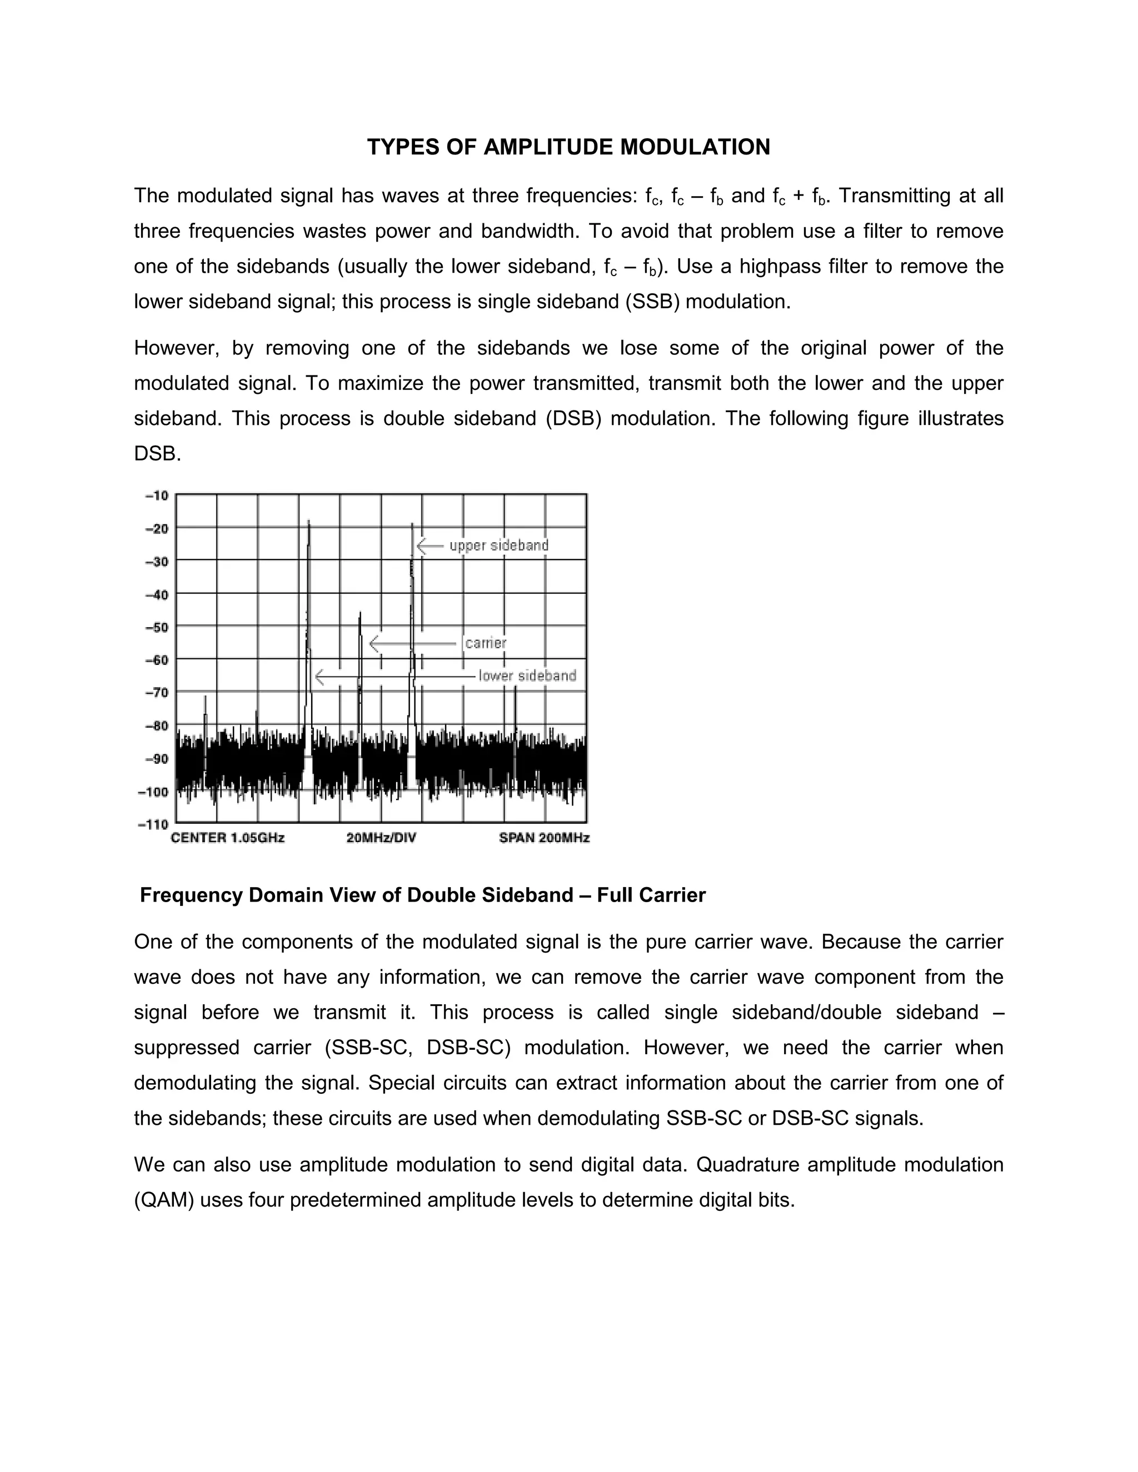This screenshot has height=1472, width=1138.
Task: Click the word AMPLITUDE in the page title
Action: pos(548,147)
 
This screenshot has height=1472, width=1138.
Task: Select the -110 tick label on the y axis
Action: pos(154,824)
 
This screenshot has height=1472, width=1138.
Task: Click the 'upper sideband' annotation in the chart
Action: pos(499,545)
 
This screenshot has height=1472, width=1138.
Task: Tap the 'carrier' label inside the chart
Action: pos(486,643)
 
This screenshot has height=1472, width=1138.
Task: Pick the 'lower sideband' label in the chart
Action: pos(527,675)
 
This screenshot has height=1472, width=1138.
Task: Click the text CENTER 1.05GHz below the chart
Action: pos(228,838)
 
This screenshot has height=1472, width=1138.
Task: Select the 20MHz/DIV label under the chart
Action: pos(381,838)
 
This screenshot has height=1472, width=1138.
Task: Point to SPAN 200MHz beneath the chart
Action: pos(544,838)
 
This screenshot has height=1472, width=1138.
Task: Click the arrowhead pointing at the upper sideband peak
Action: pos(420,545)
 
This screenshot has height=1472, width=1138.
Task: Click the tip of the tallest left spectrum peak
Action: pos(309,521)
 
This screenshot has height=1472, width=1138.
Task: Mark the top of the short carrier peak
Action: pos(360,613)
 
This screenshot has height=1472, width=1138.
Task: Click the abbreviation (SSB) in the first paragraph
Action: pos(652,301)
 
